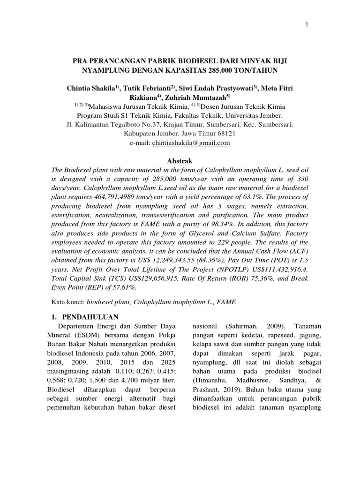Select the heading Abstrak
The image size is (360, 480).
tap(180, 161)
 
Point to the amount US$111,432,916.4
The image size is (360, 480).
tap(276, 269)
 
